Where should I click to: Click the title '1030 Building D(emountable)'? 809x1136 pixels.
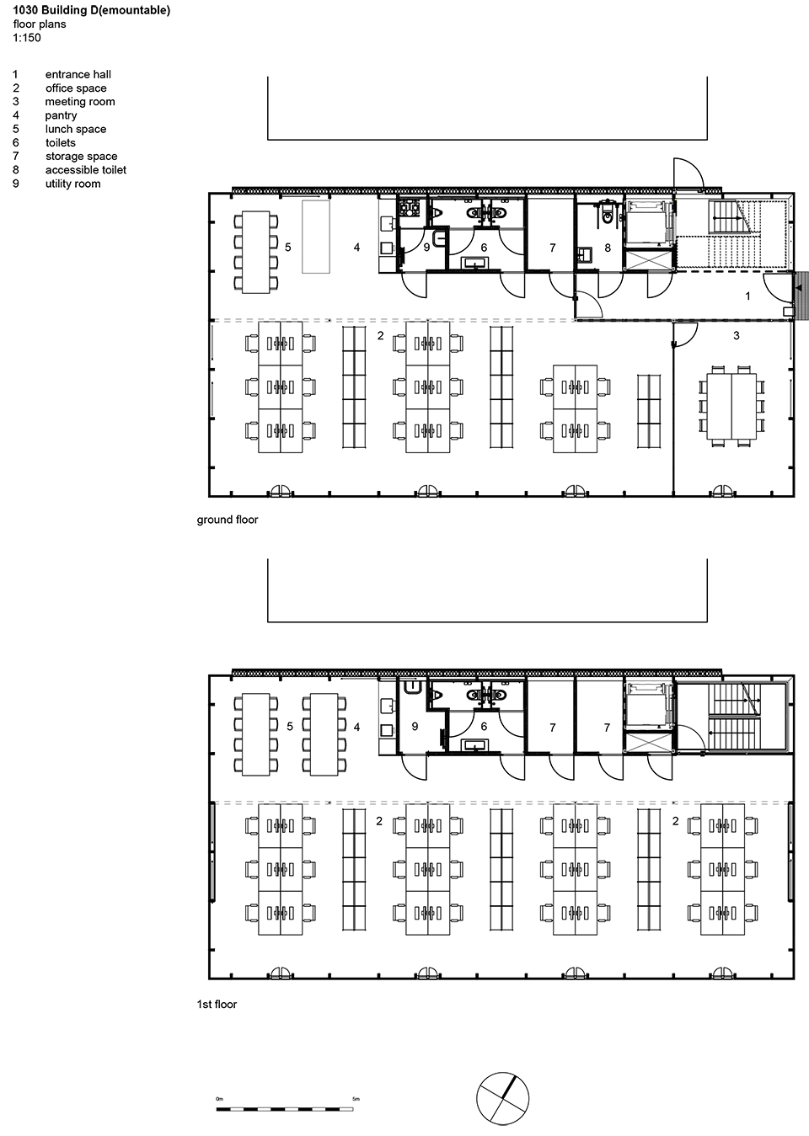coord(91,10)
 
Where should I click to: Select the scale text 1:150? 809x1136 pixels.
coord(27,38)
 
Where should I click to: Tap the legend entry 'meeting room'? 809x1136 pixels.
coord(80,101)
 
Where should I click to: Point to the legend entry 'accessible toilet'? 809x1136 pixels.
coord(86,170)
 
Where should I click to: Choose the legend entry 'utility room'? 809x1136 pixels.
coord(73,184)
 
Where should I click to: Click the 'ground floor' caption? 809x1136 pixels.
coord(228,520)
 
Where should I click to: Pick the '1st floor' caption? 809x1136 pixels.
coord(217,1004)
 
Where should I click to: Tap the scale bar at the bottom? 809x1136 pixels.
coord(285,1109)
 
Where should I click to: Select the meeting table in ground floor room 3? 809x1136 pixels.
coord(731,406)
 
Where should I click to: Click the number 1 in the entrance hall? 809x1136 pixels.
coord(747,296)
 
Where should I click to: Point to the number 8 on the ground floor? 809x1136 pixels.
coord(608,248)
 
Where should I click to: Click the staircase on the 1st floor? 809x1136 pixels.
coord(733,717)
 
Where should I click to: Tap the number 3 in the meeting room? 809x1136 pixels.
coord(737,335)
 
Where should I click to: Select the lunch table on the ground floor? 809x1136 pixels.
coord(256,252)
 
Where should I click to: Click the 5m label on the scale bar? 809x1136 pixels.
coord(356,1098)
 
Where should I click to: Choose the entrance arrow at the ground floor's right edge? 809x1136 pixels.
coord(798,287)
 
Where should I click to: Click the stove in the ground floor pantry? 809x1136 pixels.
coord(407,208)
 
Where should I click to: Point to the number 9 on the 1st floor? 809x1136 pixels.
coord(415,726)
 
